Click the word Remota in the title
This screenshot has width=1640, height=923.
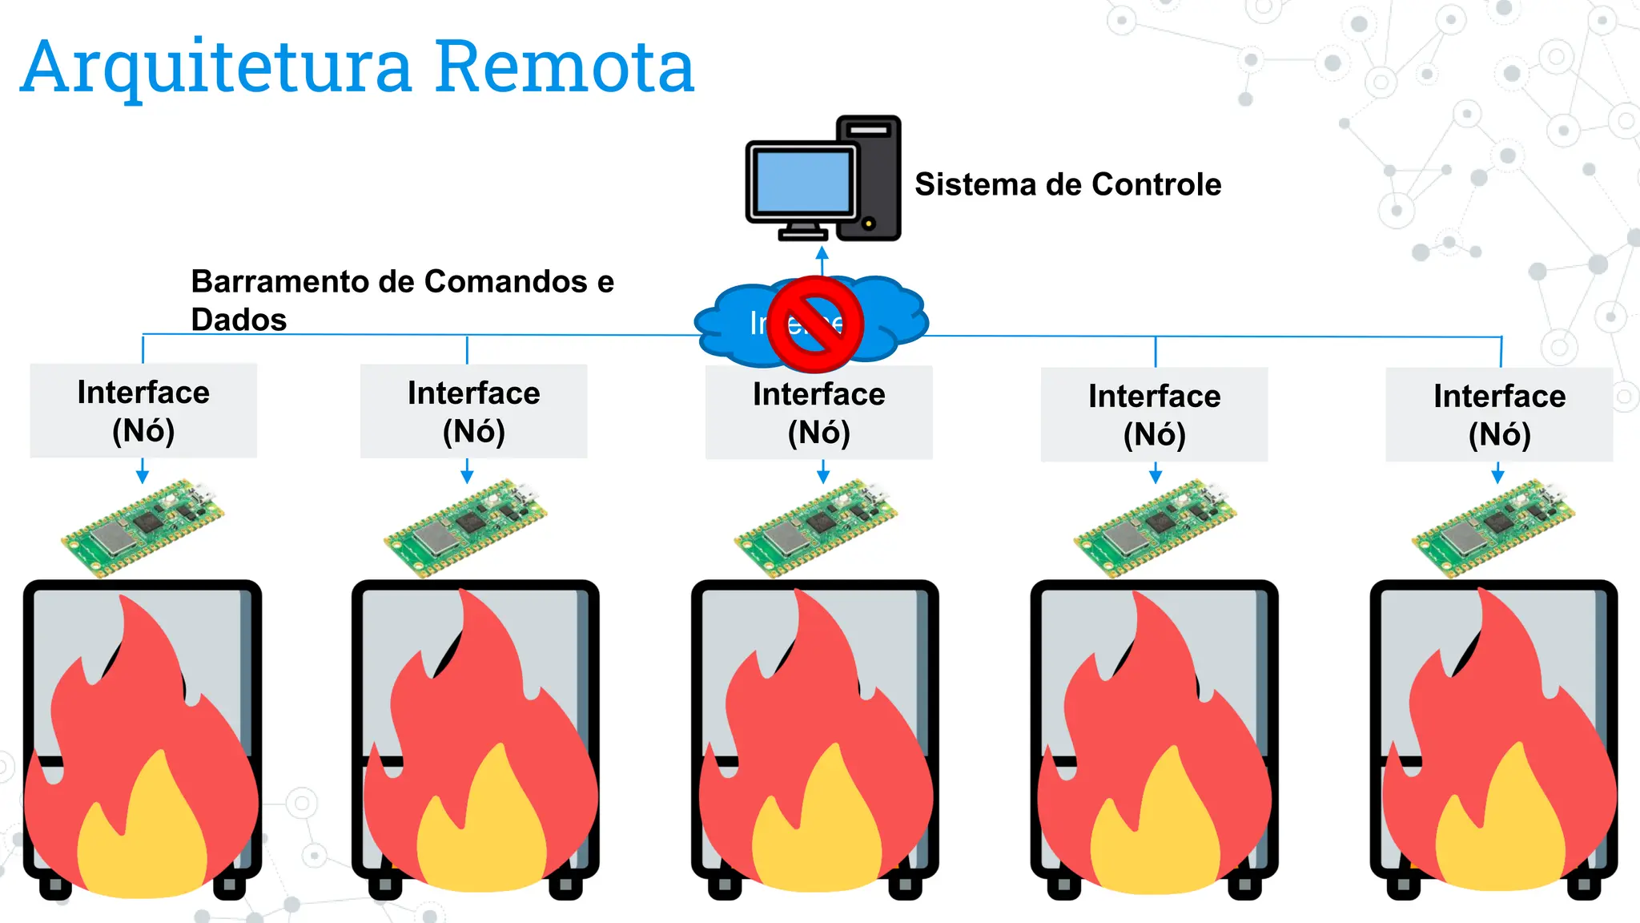tap(565, 67)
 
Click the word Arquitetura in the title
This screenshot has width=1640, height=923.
tap(216, 69)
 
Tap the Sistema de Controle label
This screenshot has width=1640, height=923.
tap(1067, 184)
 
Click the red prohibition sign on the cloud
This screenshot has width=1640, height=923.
tap(815, 324)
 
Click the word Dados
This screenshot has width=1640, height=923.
tap(239, 320)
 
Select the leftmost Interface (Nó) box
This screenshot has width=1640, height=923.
tap(143, 411)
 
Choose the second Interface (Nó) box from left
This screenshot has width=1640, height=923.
tap(473, 412)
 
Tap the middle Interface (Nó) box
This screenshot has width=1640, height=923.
tap(818, 413)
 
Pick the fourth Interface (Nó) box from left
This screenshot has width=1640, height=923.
tap(1154, 414)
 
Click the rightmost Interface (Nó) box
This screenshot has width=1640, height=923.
tap(1499, 414)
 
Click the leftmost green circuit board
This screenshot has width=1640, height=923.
tap(143, 528)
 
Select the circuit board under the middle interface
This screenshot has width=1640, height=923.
tap(815, 528)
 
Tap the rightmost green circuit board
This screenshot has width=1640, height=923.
tap(1493, 528)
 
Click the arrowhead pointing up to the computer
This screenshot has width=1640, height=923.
tap(822, 253)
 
